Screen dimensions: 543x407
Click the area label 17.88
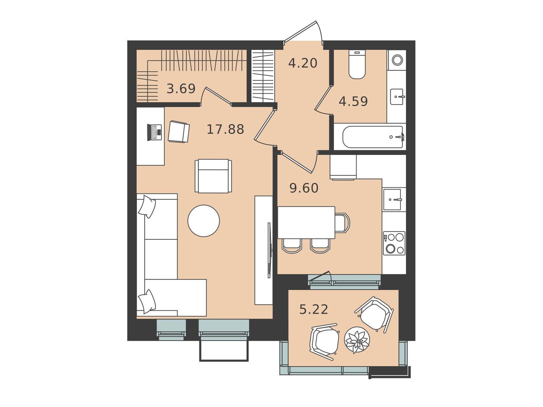coord(225,129)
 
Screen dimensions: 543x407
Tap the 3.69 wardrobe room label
coord(181,89)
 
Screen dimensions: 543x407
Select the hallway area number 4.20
coord(302,63)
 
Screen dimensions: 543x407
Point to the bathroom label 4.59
coord(353,101)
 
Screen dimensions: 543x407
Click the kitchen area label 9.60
coord(304,188)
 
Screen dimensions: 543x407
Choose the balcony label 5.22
coord(314,309)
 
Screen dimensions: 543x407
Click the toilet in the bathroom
coord(357,65)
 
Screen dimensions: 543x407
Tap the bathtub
coord(373,137)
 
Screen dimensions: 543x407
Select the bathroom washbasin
coord(396,97)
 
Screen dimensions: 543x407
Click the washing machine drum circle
coord(397,60)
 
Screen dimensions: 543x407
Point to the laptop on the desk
coord(154,133)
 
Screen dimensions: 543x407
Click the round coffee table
coord(204,221)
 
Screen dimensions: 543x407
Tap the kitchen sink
coord(392,200)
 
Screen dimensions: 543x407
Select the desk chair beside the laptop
coord(179,132)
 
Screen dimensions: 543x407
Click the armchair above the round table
coord(213,176)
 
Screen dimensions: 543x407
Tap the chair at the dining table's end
coord(342,222)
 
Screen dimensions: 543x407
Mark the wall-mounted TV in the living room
coord(269,250)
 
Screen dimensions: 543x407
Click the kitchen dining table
coord(306,222)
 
